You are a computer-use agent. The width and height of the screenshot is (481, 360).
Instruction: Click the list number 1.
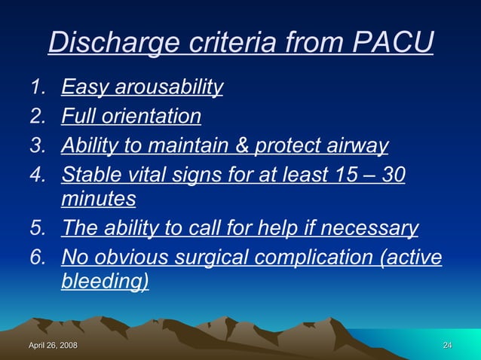click(38, 89)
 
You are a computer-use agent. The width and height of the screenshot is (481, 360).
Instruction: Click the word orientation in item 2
click(157, 117)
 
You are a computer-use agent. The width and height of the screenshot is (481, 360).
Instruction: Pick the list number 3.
click(38, 146)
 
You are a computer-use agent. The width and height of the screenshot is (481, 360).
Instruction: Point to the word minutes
click(98, 200)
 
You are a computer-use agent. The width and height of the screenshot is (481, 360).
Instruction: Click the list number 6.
click(38, 257)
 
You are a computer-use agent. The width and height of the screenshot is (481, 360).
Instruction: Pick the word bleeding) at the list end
click(105, 282)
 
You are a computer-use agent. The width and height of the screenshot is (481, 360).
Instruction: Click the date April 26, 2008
click(53, 345)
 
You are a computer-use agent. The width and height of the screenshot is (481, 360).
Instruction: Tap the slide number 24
click(447, 345)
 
